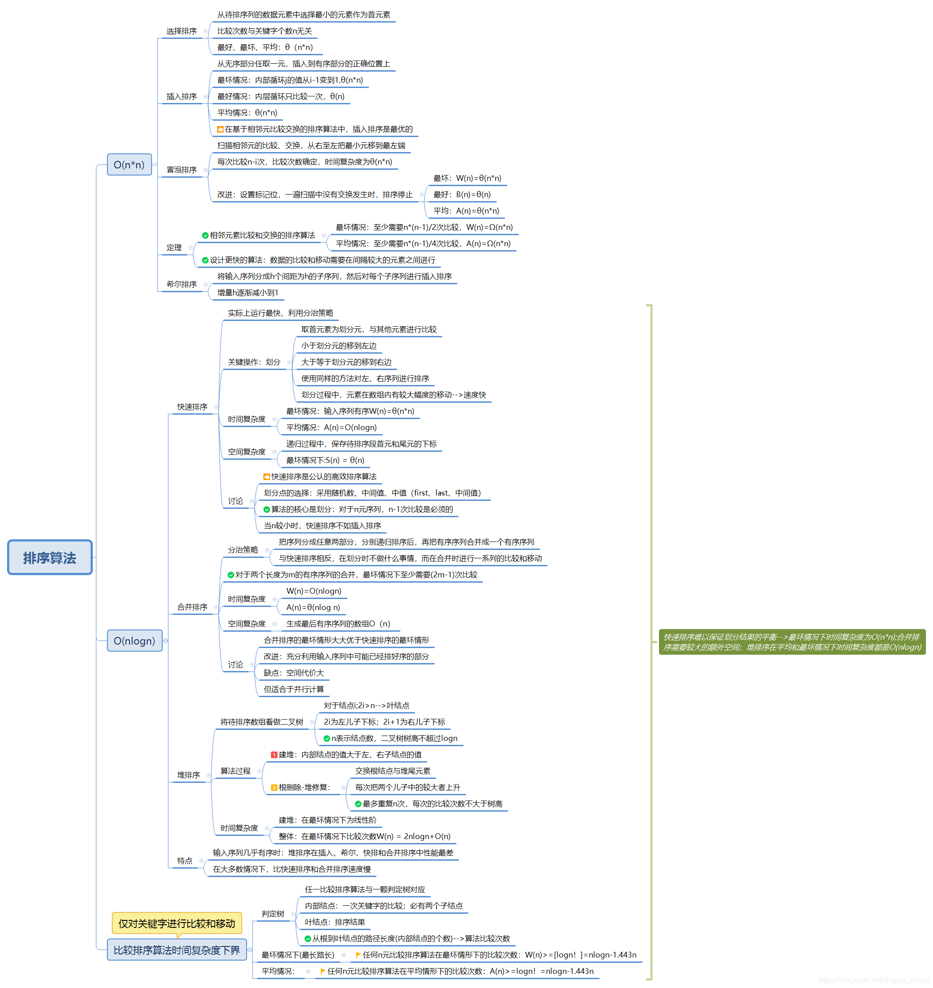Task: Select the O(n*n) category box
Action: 129,164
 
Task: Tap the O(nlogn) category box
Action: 134,641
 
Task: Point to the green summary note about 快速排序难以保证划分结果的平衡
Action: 792,642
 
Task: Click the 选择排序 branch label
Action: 182,31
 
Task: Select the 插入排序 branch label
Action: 182,96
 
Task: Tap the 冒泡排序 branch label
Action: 182,170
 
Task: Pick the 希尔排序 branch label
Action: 182,285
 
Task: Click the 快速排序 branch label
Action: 192,407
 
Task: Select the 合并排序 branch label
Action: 192,607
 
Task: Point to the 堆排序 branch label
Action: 188,775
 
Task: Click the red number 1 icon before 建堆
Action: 274,755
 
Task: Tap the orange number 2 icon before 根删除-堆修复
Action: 274,787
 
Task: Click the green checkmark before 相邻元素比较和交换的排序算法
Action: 206,235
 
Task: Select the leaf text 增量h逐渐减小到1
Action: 248,293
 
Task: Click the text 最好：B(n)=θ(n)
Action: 462,195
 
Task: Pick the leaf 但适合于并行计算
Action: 294,689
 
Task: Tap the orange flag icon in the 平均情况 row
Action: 323,971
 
